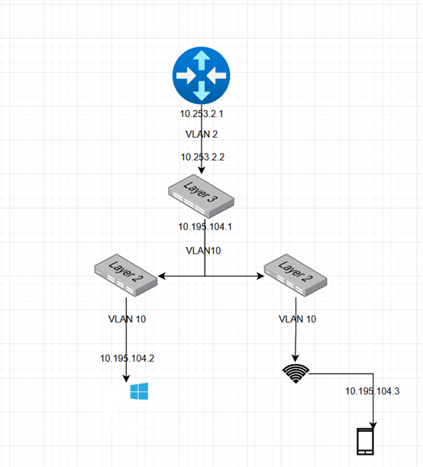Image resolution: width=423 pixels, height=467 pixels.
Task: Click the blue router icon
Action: coord(202,76)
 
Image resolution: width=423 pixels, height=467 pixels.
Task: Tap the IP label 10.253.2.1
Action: coord(202,114)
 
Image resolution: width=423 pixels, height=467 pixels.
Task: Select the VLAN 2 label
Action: coord(202,134)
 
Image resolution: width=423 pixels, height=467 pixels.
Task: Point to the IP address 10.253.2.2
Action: coord(202,157)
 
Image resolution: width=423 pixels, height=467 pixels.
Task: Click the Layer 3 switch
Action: coord(202,196)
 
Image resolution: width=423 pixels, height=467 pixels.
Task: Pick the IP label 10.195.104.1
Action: coord(205,227)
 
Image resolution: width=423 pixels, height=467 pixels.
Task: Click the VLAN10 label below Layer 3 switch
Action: coord(203,251)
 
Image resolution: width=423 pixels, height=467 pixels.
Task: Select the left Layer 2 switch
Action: coord(126,275)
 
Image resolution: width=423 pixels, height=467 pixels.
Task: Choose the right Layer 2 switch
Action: coord(295,275)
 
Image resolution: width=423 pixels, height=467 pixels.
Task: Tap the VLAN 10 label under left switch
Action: coord(127,319)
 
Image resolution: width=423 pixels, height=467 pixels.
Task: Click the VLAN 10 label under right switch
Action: coord(298,319)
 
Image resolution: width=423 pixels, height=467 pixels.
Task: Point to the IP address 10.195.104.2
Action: coord(128,358)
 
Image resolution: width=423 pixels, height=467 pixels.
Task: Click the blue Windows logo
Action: coord(139,391)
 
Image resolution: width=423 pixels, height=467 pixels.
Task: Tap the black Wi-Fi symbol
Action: coord(295,374)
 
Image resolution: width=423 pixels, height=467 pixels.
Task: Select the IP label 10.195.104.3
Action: coord(373,391)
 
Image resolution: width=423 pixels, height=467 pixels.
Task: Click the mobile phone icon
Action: coord(365,441)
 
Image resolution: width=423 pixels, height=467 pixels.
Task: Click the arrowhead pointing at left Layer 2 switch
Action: coord(162,276)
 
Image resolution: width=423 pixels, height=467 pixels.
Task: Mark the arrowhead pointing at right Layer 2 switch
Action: coord(260,276)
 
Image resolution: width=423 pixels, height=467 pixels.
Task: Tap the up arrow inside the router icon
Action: coord(202,60)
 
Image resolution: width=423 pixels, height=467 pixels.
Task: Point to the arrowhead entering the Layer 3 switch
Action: coord(202,170)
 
